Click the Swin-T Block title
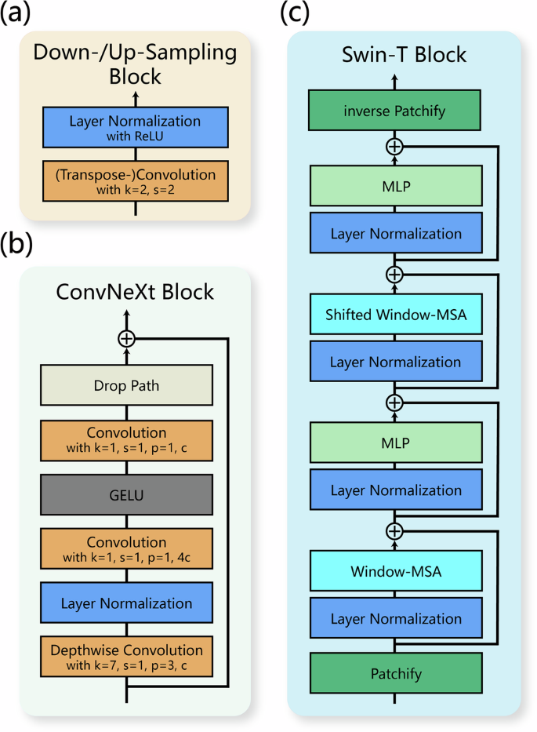point(394,54)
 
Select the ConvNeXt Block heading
point(134,292)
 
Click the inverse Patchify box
point(394,111)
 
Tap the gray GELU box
point(126,496)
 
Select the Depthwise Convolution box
point(126,657)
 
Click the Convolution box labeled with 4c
point(126,548)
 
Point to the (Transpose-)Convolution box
point(135,178)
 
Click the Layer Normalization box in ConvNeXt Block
point(126,603)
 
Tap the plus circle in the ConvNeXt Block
point(126,338)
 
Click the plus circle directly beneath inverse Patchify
point(394,146)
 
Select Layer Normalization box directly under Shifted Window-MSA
point(394,362)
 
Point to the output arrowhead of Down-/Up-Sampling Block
point(135,93)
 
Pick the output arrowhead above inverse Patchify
point(394,76)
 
